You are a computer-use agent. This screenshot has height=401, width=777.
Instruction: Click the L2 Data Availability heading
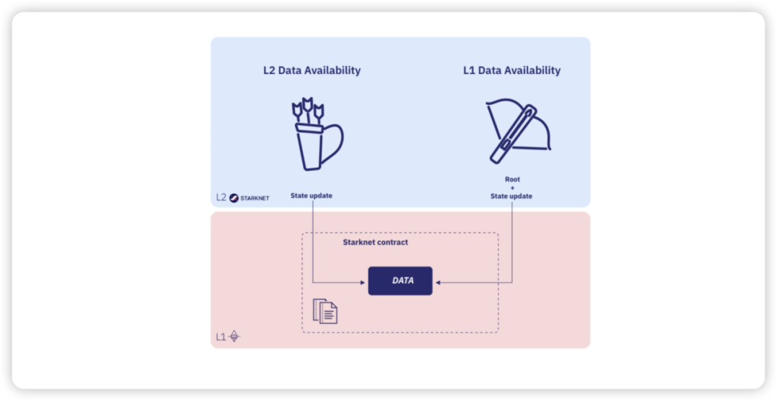pyautogui.click(x=312, y=70)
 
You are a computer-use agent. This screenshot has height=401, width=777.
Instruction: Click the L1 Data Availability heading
pyautogui.click(x=512, y=70)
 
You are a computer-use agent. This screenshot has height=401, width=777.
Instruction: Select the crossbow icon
pyautogui.click(x=518, y=132)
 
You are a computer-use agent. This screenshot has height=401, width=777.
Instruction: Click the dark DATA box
pyautogui.click(x=401, y=281)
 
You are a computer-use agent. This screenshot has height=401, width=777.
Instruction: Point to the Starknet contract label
pyautogui.click(x=376, y=243)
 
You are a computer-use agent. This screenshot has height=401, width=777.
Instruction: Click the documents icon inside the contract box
pyautogui.click(x=325, y=311)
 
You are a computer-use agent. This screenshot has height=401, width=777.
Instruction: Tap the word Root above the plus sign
pyautogui.click(x=512, y=179)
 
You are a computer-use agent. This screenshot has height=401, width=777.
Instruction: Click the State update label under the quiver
pyautogui.click(x=312, y=195)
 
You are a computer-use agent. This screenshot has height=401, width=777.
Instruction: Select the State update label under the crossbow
pyautogui.click(x=512, y=196)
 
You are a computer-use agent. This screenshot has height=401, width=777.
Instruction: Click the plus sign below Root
pyautogui.click(x=512, y=188)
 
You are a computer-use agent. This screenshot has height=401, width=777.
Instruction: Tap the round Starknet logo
pyautogui.click(x=234, y=198)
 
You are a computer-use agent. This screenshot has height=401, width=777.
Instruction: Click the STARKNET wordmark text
pyautogui.click(x=255, y=198)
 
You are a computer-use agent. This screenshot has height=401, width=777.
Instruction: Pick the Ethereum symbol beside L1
pyautogui.click(x=234, y=336)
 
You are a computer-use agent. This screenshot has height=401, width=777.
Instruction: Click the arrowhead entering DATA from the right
pyautogui.click(x=438, y=282)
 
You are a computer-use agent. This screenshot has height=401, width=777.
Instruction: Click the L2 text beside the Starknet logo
pyautogui.click(x=221, y=198)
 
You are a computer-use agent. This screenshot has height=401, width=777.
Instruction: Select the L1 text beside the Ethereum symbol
pyautogui.click(x=221, y=337)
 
